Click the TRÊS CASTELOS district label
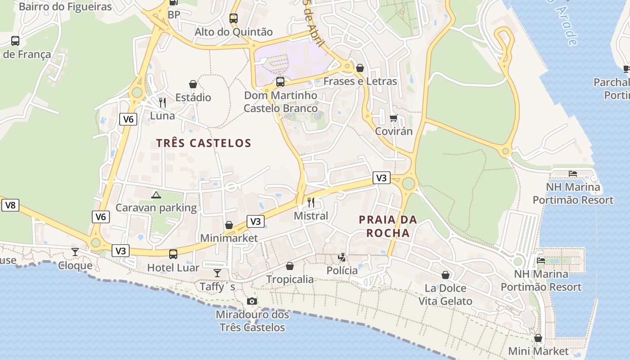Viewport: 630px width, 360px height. coord(203,143)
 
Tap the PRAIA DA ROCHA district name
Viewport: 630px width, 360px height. coord(388,226)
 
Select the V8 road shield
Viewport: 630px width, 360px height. coord(10,206)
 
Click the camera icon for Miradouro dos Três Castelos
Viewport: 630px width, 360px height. coord(252,301)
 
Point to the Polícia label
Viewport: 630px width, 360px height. coord(342,270)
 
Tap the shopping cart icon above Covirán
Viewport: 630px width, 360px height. coord(394,118)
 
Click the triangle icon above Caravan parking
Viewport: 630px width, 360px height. coord(156,195)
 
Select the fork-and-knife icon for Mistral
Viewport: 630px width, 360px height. coord(311,202)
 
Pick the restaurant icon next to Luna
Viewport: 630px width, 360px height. coord(162,103)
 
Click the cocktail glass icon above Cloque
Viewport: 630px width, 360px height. coord(75,252)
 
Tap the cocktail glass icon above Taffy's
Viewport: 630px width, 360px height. coord(217,273)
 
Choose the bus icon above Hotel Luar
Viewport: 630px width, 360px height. coord(173,254)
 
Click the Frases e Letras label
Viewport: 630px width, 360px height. coord(360,81)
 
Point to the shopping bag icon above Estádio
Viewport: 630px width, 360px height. coord(193,84)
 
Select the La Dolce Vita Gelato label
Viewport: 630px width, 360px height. coord(445,294)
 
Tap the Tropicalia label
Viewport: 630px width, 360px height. coord(290,279)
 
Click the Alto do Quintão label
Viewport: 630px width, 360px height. coord(234,32)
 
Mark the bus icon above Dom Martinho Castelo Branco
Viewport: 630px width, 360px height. coord(280,82)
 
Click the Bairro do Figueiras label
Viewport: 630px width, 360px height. coord(65,7)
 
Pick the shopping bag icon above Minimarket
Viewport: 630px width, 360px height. coord(229,225)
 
